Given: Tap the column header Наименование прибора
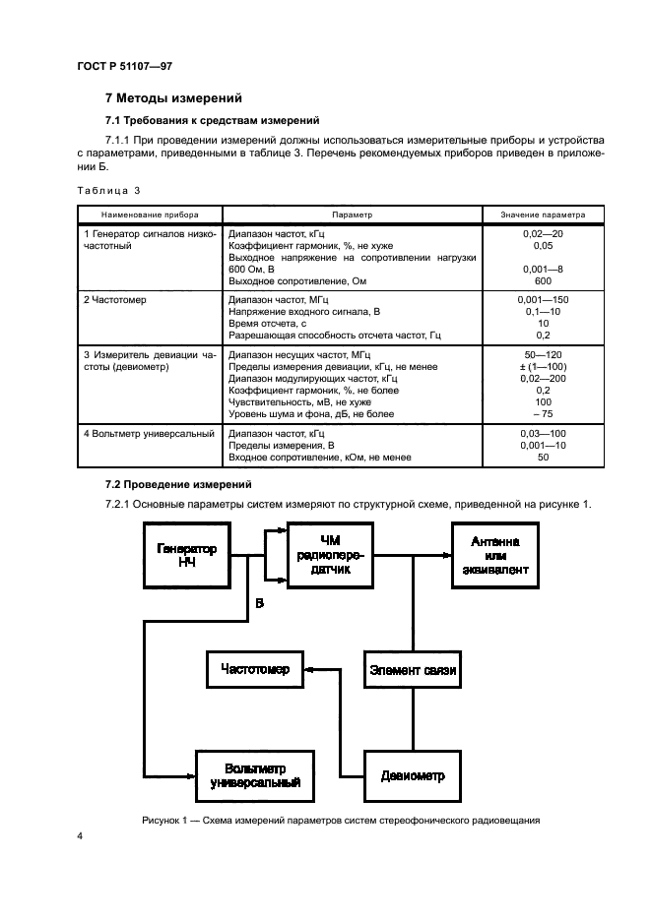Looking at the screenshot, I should coord(149,214).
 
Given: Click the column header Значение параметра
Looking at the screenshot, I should coord(543,214).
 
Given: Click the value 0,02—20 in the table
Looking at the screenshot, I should coord(543,234).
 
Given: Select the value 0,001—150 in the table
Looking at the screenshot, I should coord(543,299).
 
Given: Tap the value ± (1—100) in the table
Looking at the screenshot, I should coord(543,366).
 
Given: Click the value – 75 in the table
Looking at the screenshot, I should coord(543,414).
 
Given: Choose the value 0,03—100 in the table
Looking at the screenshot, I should coord(543,433).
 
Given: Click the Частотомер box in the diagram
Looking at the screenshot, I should coord(256,670).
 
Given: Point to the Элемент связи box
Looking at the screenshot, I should coord(413,670).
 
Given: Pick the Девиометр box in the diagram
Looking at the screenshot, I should coord(413,775).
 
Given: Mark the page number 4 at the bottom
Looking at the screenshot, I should coord(80,836).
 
